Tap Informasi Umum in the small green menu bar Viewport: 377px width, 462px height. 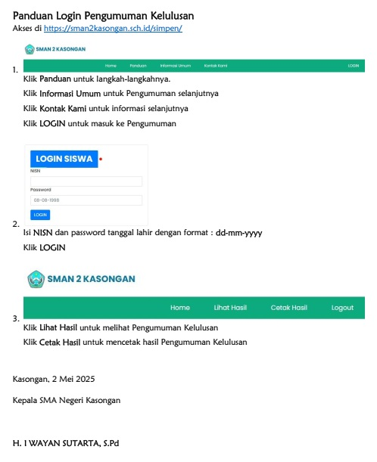tap(175, 66)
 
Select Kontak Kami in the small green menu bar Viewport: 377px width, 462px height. tap(216, 66)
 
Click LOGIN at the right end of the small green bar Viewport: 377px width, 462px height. tap(353, 66)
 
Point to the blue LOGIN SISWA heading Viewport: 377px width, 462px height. tap(64, 159)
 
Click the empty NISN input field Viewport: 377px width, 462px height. tap(86, 181)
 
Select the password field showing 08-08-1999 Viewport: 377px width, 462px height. tap(86, 200)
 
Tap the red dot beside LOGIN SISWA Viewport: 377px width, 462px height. tap(101, 160)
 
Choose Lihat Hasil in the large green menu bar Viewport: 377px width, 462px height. tap(230, 308)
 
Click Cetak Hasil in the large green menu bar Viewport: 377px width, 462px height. tap(288, 308)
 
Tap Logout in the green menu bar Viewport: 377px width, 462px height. tap(342, 308)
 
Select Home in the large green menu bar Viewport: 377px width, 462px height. tap(180, 308)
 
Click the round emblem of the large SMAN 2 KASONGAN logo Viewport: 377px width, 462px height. tap(35, 279)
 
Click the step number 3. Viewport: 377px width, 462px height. tap(16, 319)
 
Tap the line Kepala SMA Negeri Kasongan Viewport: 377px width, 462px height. tap(66, 399)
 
